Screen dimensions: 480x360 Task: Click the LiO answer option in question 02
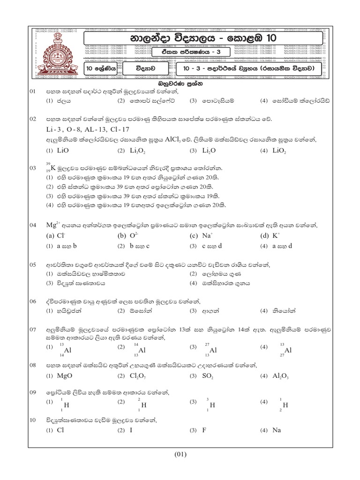point(62,151)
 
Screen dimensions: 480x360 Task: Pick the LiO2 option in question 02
point(279,151)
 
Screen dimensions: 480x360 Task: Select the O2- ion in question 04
point(136,236)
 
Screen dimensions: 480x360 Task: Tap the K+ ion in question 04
point(278,236)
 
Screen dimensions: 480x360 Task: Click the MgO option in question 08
point(64,376)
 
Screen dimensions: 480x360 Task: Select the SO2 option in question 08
point(209,376)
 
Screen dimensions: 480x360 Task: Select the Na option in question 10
point(277,430)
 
